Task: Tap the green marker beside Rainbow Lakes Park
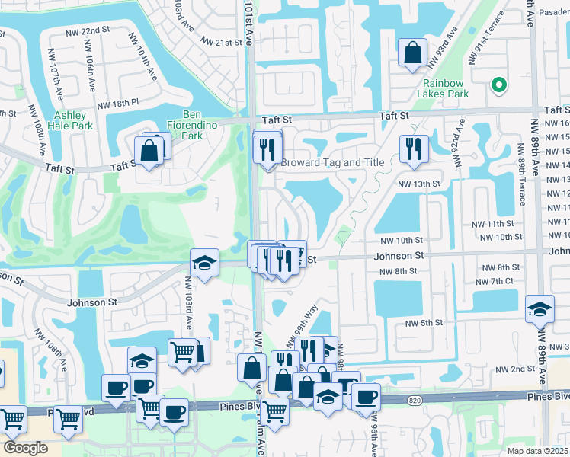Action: (499, 85)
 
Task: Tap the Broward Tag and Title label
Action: (332, 163)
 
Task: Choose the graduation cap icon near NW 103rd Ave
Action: (204, 263)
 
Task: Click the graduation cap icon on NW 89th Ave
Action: (540, 309)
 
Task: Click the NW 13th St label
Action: (420, 184)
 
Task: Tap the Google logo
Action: (25, 448)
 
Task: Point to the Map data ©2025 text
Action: (537, 451)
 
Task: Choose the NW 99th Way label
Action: (300, 324)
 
